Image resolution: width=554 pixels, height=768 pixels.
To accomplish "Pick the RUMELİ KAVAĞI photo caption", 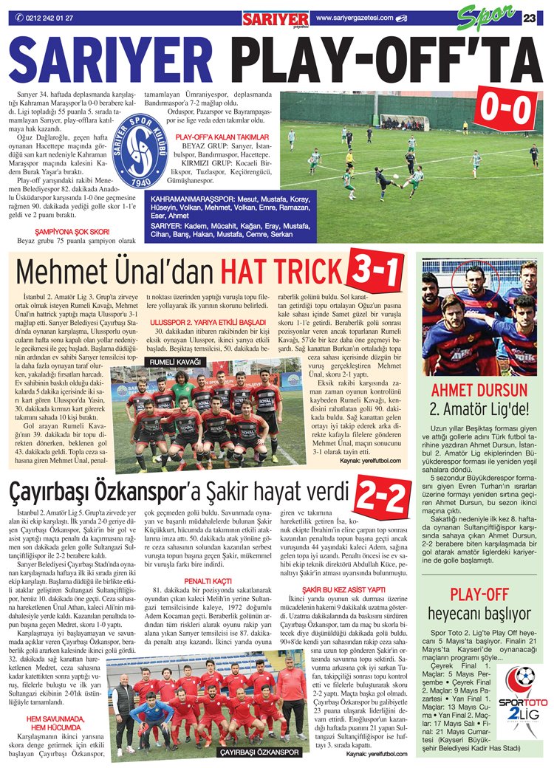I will [x=175, y=362].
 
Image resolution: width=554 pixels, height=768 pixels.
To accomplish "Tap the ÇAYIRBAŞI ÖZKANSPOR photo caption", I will [x=259, y=752].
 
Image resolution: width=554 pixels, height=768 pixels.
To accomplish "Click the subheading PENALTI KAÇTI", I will [x=202, y=580].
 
